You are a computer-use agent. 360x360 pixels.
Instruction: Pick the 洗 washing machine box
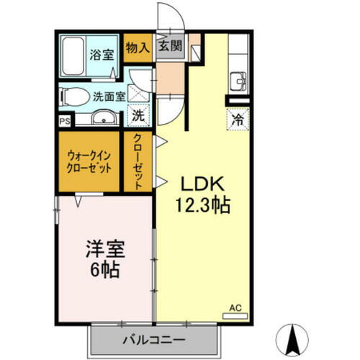[x=138, y=114]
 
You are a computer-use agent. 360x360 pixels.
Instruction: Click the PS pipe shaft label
[x=65, y=122]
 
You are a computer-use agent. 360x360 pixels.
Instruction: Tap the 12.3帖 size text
[x=202, y=206]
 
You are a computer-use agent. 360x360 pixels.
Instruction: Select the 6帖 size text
[x=105, y=272]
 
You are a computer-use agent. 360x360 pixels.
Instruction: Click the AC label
[x=235, y=307]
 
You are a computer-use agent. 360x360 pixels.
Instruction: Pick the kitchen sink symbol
[x=238, y=79]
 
